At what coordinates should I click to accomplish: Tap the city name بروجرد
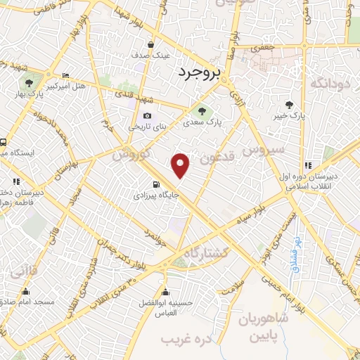point(199,72)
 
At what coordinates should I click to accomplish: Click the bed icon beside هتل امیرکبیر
point(65,75)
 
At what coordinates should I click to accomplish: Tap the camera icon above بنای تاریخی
point(147,116)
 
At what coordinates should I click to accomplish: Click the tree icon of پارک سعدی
point(202,110)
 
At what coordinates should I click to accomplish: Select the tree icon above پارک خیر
point(290,104)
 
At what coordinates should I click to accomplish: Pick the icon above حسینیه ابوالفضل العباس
point(166,292)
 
